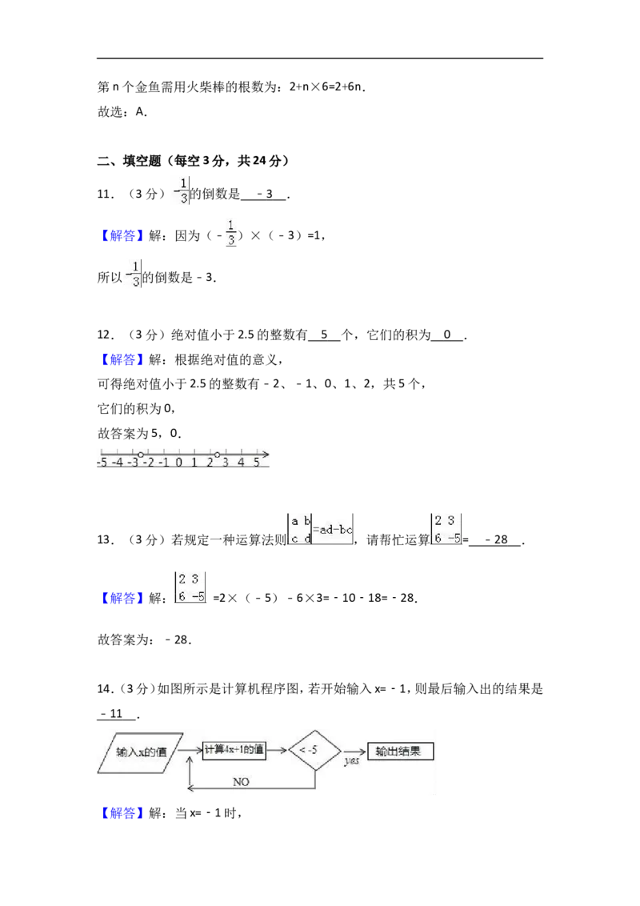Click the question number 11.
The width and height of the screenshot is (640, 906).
point(105,194)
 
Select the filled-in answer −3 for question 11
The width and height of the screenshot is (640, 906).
point(265,194)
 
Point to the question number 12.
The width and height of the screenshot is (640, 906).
point(105,335)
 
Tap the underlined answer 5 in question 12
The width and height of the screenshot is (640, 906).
point(324,335)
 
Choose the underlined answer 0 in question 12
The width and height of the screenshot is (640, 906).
point(447,335)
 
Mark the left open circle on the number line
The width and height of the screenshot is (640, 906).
point(140,455)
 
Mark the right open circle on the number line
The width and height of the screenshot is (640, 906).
point(217,455)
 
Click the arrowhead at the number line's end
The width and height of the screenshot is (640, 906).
point(266,455)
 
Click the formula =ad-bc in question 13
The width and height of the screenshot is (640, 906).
point(332,529)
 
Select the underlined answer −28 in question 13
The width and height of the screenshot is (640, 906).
point(496,539)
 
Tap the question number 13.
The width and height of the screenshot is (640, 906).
point(105,539)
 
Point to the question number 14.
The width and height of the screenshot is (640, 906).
point(105,689)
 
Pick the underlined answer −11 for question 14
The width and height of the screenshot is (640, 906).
point(111,714)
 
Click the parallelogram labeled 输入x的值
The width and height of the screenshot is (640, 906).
point(140,753)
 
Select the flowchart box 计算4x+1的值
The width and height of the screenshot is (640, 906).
point(234,750)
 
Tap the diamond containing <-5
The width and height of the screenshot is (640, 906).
point(314,750)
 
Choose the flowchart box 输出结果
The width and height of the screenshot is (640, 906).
point(400,752)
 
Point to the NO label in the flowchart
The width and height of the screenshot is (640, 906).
point(241,782)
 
